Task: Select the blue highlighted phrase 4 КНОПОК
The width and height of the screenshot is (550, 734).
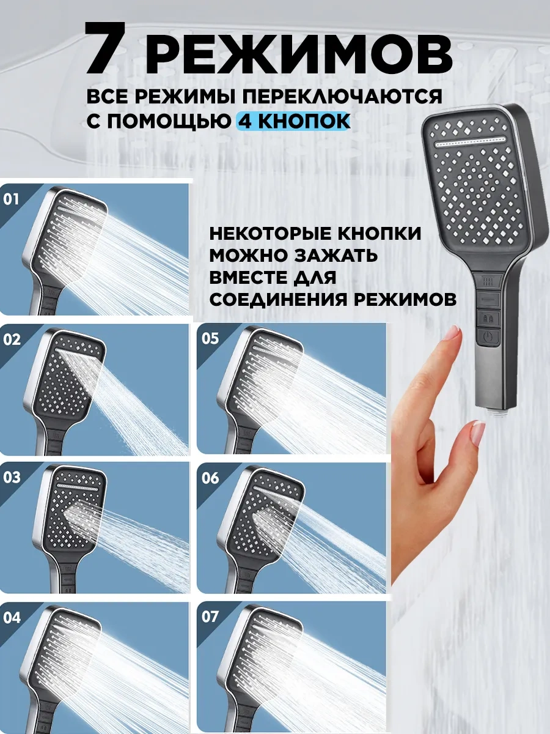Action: tap(293, 121)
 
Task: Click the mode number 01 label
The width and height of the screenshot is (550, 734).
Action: tap(11, 199)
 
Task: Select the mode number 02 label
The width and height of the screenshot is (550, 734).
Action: tap(12, 339)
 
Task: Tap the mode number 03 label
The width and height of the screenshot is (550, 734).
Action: tap(12, 477)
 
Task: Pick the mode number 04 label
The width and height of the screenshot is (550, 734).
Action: tap(12, 618)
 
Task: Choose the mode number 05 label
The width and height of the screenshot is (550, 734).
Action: tap(210, 338)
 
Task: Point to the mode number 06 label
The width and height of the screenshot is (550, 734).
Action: tap(210, 478)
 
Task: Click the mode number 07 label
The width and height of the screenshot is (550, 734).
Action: tap(210, 617)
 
